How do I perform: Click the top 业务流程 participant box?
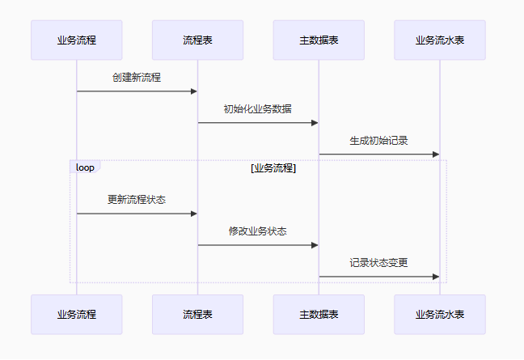click(x=77, y=40)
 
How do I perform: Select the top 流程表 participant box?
click(x=197, y=40)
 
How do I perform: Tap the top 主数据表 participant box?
click(x=319, y=40)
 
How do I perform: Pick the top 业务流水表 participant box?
click(x=440, y=40)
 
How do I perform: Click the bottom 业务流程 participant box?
click(x=77, y=314)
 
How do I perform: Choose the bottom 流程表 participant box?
click(x=197, y=314)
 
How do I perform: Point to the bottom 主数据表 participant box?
click(x=319, y=314)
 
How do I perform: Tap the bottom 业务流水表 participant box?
click(x=440, y=314)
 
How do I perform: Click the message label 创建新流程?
click(x=137, y=78)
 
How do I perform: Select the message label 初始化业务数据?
click(x=258, y=109)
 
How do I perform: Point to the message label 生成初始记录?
click(x=378, y=140)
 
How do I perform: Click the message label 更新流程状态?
click(x=137, y=199)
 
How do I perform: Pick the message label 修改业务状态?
click(x=258, y=231)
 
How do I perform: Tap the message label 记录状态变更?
click(x=378, y=262)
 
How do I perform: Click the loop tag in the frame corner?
click(x=85, y=167)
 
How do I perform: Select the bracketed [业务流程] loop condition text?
click(x=273, y=168)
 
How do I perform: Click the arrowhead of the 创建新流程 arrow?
click(x=193, y=91)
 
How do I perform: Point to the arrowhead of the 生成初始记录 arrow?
click(x=436, y=154)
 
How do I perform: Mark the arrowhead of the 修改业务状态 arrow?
click(x=315, y=245)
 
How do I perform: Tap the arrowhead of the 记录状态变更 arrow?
click(x=436, y=277)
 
